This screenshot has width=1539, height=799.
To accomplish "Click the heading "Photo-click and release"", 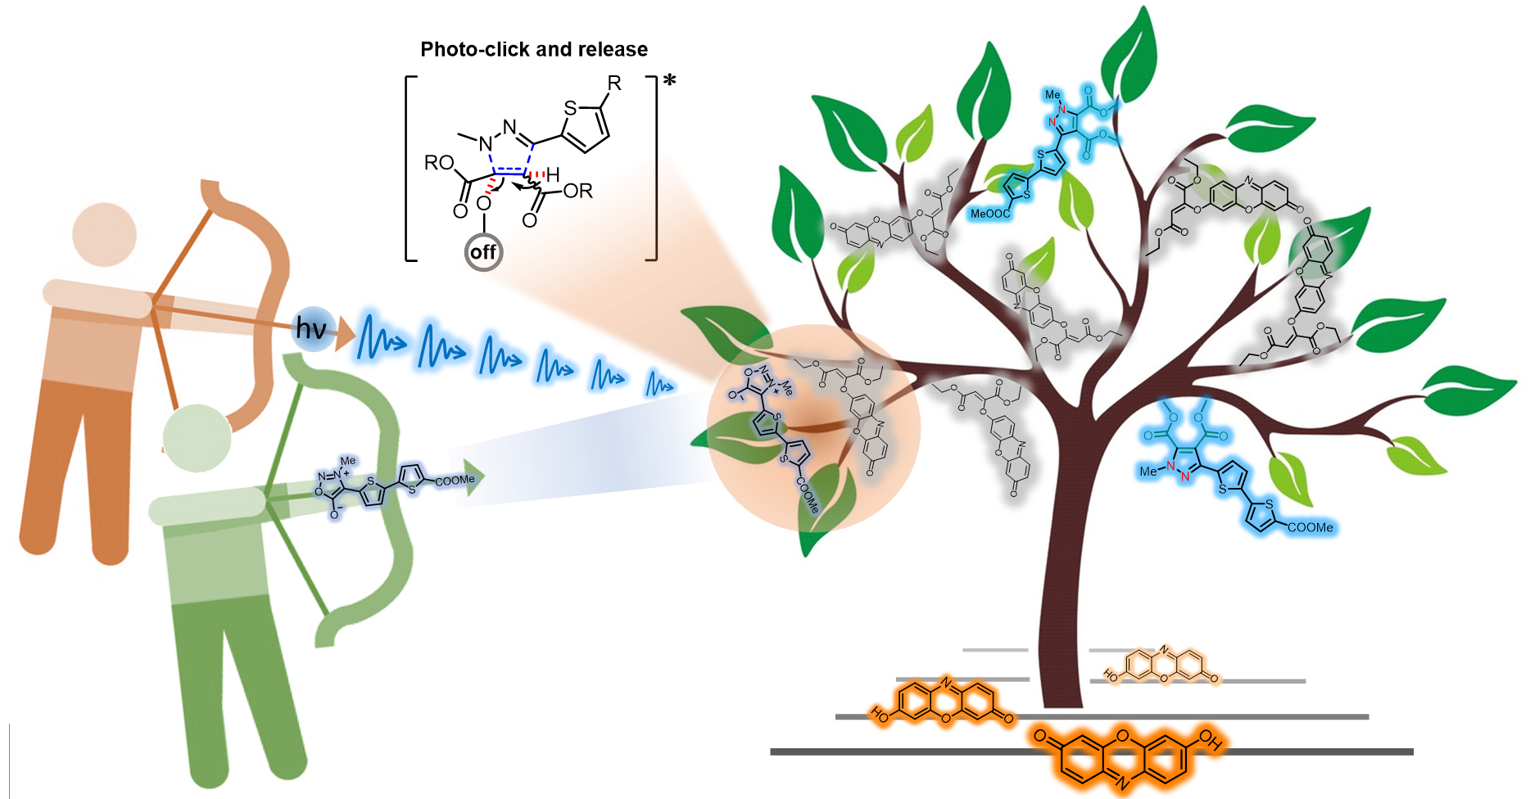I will (x=534, y=50).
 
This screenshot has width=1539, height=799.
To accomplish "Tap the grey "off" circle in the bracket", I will (x=483, y=252).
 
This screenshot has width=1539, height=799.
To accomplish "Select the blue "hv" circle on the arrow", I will (x=312, y=329).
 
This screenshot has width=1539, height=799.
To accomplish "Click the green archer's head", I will (x=197, y=438).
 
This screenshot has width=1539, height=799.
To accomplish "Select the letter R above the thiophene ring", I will (x=614, y=84).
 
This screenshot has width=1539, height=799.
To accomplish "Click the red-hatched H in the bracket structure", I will (x=554, y=174).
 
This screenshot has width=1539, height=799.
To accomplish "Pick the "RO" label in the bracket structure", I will (x=439, y=163).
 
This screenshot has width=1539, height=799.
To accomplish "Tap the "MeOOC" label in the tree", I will (x=989, y=214).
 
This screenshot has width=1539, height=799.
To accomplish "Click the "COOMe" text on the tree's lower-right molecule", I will (x=1310, y=528).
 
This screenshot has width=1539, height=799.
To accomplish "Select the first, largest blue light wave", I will (x=380, y=337).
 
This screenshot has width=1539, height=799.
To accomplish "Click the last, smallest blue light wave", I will (x=659, y=383).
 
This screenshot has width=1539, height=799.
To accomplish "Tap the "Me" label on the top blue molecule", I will (x=1052, y=95).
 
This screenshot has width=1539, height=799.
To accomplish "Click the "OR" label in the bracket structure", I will (x=577, y=192).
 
